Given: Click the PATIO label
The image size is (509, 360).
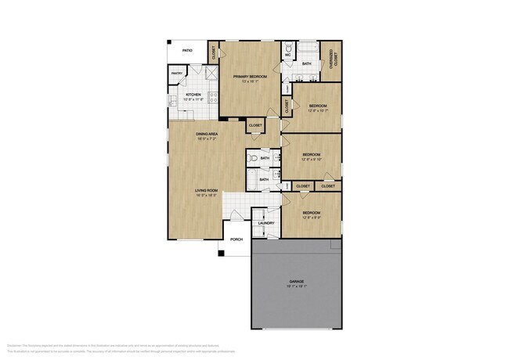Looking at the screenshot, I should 187,50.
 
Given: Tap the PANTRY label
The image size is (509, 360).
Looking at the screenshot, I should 176,74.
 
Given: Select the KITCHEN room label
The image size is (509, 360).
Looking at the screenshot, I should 193,94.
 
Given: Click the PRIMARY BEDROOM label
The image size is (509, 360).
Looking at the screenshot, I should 250,76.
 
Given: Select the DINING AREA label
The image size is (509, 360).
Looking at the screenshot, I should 207,134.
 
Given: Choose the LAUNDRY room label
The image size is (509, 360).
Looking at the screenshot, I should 265,223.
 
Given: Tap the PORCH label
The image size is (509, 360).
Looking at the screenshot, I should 236,239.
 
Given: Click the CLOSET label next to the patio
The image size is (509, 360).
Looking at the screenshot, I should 214,53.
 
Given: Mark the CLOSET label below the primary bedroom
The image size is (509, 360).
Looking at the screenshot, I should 255,125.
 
